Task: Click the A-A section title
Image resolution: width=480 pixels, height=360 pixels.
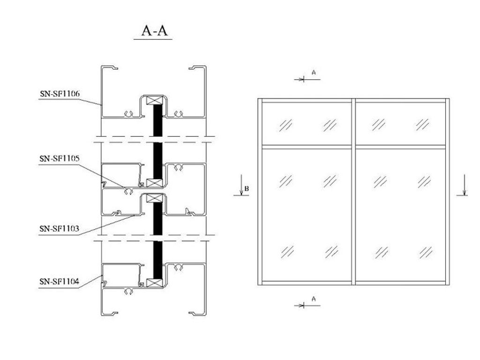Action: click(155, 30)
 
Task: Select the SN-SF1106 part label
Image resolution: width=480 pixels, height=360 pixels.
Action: click(60, 94)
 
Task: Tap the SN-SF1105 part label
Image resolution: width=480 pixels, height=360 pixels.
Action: click(60, 158)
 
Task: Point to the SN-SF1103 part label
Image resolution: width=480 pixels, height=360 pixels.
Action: click(60, 229)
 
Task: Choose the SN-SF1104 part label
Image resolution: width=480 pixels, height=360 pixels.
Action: click(60, 282)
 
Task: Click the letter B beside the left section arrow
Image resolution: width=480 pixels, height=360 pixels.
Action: click(247, 188)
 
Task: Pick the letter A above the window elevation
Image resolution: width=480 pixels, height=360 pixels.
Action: click(314, 73)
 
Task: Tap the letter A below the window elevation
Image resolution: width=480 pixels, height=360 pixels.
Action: click(314, 299)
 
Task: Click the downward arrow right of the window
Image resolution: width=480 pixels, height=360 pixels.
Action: click(465, 185)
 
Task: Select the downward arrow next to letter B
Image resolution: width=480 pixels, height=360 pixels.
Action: click(241, 185)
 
